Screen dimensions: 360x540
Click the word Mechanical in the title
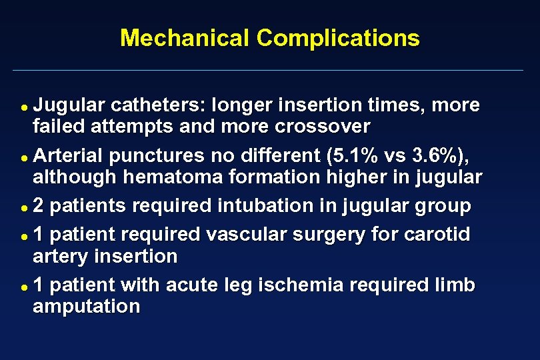(185, 38)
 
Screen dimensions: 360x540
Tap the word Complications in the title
(338, 38)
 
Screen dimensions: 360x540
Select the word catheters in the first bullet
(158, 105)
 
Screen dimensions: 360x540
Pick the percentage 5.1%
(357, 156)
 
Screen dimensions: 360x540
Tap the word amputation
(87, 306)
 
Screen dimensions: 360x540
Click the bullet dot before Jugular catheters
(24, 107)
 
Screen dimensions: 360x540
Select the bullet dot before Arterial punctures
(24, 157)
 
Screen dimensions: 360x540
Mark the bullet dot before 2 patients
(24, 207)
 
